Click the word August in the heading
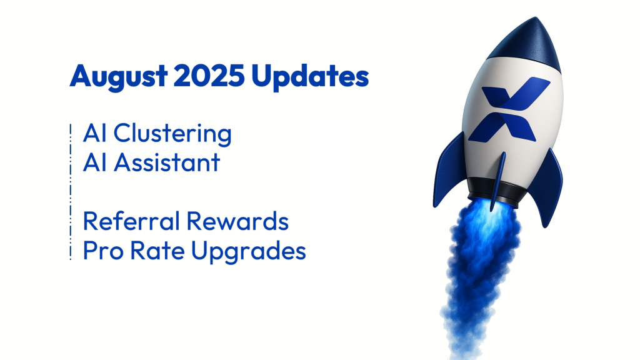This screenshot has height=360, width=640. (x=118, y=76)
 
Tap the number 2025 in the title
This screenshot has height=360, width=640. (x=209, y=76)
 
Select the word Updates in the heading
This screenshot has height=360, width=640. (x=310, y=76)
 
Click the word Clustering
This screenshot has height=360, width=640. (x=172, y=134)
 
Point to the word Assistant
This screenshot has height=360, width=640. (x=167, y=162)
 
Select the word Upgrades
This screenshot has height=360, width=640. (x=249, y=251)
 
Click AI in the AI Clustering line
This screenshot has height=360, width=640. (x=95, y=133)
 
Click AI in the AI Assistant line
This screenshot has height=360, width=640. (x=95, y=162)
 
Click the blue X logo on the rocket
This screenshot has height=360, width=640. (x=509, y=110)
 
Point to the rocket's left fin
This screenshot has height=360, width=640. (x=449, y=171)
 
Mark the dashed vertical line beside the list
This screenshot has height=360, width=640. (x=71, y=192)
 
